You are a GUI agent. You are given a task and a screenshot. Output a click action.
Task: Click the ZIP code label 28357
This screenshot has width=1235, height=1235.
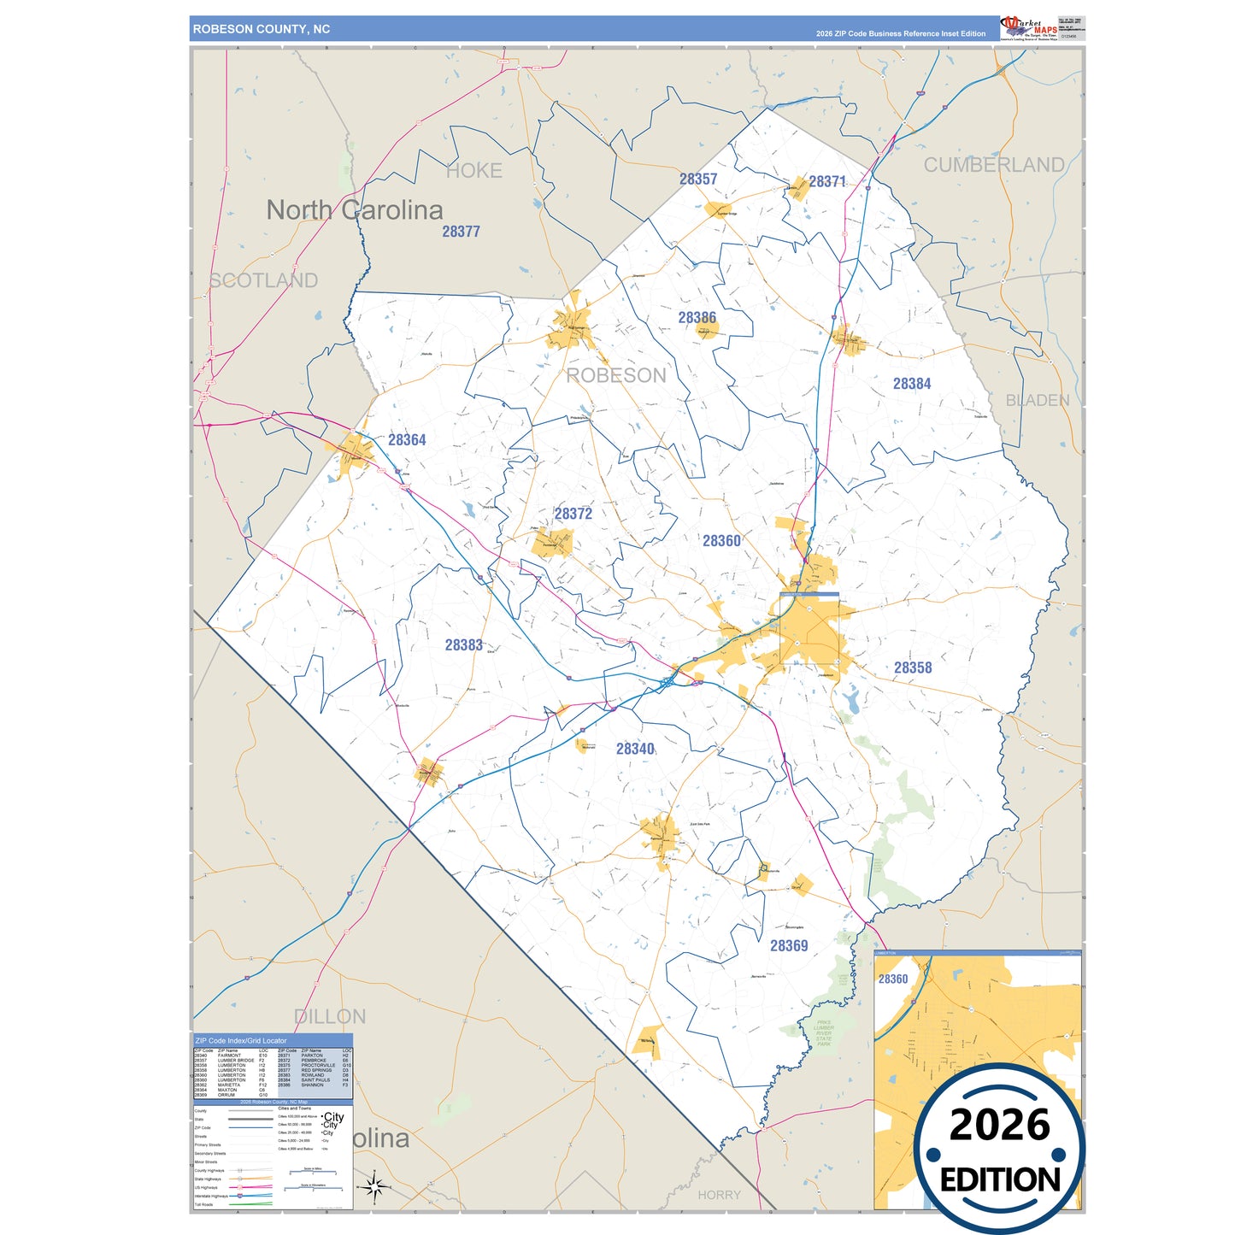698,179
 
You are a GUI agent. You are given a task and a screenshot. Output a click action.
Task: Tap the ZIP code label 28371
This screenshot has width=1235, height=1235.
827,182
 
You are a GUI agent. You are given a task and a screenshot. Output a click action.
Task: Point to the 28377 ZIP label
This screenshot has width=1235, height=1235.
461,232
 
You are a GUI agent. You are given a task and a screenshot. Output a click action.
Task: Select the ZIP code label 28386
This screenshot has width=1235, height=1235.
697,318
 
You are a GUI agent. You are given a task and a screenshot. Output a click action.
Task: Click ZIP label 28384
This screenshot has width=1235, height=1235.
912,385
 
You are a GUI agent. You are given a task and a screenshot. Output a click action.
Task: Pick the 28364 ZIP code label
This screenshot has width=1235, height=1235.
407,440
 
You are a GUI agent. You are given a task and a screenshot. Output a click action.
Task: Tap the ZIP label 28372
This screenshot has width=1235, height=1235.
573,514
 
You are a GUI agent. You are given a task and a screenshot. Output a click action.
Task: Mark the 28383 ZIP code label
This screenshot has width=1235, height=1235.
463,645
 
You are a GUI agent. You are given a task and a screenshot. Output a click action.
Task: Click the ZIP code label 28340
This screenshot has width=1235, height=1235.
635,750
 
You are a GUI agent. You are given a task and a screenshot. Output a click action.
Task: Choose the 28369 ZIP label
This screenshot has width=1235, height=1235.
789,946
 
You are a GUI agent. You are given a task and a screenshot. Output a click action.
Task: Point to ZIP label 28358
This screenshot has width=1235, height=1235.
913,668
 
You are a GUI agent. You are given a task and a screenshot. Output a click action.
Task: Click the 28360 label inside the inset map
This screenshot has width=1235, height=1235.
893,979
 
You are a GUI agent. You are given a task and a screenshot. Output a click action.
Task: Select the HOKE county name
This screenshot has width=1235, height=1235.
474,171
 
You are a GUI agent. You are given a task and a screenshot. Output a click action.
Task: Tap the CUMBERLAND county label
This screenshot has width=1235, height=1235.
994,165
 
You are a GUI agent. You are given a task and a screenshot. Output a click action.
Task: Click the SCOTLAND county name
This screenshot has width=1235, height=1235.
264,280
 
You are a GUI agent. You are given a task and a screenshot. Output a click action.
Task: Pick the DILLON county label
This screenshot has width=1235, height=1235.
330,1017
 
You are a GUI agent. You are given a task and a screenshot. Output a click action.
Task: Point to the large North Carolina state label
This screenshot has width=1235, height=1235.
355,210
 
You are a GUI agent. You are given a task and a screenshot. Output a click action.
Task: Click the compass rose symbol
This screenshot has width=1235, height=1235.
373,1186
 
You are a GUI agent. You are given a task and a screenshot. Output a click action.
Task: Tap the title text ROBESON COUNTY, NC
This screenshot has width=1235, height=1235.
262,29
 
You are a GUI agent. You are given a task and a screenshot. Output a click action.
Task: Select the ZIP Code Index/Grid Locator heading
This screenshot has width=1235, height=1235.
241,1041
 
